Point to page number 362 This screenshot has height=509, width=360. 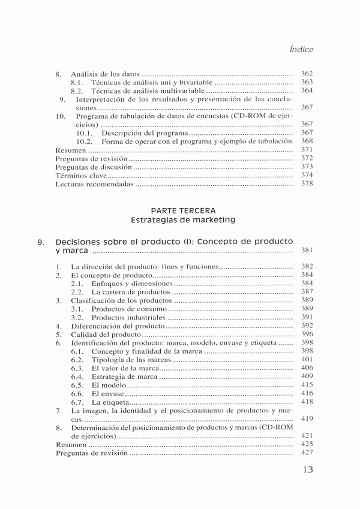point(307,74)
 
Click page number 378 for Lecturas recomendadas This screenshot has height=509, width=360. point(307,184)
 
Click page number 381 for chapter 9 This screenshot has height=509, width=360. point(307,251)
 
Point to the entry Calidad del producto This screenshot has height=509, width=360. point(106,335)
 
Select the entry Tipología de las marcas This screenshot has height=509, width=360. point(131,360)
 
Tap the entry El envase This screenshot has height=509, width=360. point(108,393)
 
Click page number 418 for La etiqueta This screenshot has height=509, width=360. point(307,402)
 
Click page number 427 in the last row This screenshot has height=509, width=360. point(307,454)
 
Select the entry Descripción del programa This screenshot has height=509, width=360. point(145,132)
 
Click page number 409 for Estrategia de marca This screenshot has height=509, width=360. point(307,377)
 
